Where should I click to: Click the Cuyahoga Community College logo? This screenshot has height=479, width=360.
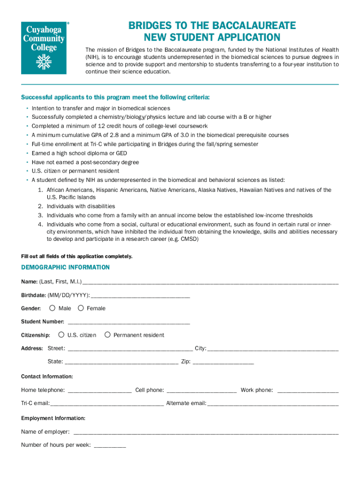click(x=44, y=47)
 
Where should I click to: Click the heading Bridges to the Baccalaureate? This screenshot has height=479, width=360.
click(x=212, y=26)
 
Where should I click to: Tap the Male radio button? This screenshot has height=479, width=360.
click(x=52, y=308)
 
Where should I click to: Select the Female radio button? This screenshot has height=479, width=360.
click(x=81, y=308)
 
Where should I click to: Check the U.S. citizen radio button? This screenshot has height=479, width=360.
click(x=61, y=334)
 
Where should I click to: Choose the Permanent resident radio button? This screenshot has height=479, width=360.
click(x=108, y=334)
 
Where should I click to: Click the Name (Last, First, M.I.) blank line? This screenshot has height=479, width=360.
click(x=210, y=282)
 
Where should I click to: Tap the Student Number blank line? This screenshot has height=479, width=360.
click(x=129, y=322)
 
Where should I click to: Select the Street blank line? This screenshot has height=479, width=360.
click(x=130, y=348)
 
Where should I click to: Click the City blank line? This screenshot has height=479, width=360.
click(x=273, y=348)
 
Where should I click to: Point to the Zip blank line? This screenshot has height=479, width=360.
click(x=223, y=362)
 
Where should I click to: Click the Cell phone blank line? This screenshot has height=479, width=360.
click(x=202, y=390)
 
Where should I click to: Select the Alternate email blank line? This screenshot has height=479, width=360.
click(x=273, y=403)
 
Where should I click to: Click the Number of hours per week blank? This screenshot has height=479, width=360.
click(x=110, y=445)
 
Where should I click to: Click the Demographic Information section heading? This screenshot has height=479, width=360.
click(x=65, y=268)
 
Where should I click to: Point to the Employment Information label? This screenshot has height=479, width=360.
click(x=53, y=418)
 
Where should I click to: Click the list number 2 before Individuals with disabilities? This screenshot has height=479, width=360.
click(x=40, y=206)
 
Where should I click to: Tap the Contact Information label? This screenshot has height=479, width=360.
click(x=47, y=377)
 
